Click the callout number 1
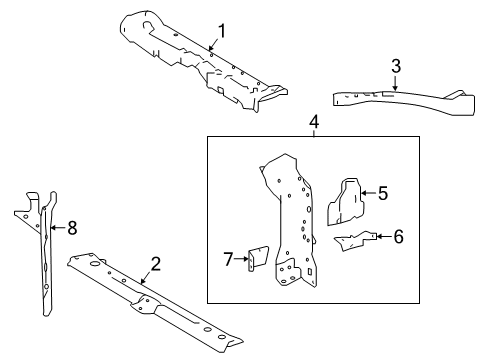coord(222,31)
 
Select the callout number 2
coord(155,264)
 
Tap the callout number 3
coord(396,67)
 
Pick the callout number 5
coord(380,194)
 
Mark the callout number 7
coord(226,259)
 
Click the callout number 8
coord(71,227)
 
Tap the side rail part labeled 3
coord(400,100)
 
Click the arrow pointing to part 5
coord(366,194)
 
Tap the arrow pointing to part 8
coord(56,227)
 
